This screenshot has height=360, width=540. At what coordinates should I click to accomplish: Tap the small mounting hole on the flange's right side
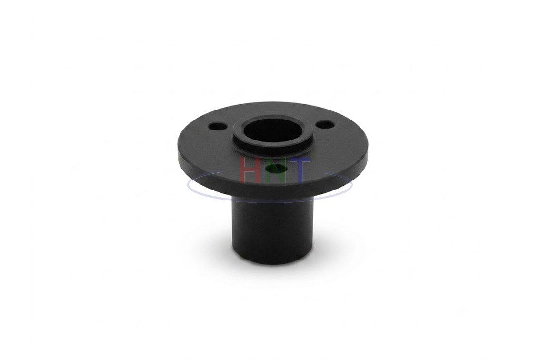click(x=325, y=125)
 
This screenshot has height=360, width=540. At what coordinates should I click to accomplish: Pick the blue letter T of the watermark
click(x=298, y=170)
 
